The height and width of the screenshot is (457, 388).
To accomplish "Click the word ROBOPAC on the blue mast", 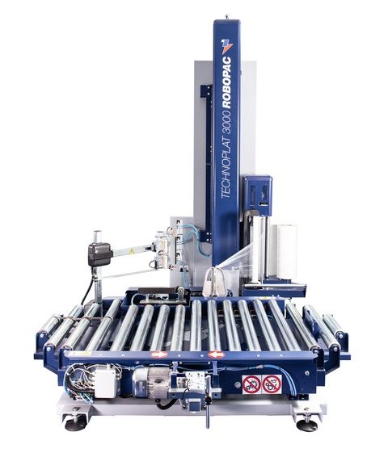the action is tap(226, 82).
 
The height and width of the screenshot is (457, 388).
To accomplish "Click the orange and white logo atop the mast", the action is tap(226, 46).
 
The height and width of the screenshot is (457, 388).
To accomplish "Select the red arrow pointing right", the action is tap(159, 354).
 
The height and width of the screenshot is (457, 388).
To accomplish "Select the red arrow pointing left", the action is tap(216, 354).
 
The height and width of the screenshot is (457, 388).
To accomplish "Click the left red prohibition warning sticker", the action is tap(251, 384).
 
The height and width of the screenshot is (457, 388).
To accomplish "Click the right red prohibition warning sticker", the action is tap(272, 384).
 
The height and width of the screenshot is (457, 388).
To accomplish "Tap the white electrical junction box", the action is tap(107, 382).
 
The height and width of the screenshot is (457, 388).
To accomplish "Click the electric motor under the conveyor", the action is tap(151, 382).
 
